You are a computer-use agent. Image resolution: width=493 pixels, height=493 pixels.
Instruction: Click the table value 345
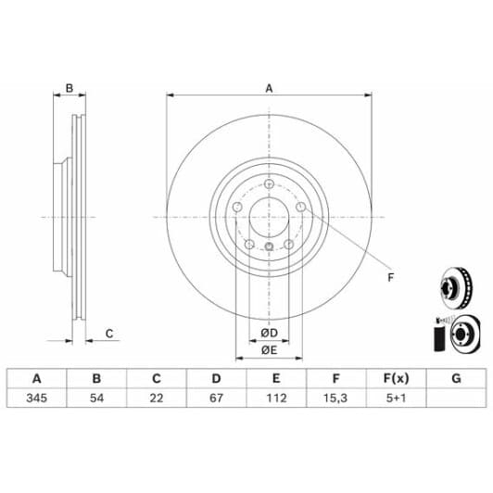[x=37, y=398]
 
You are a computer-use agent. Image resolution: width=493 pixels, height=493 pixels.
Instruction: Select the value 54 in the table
[x=96, y=398]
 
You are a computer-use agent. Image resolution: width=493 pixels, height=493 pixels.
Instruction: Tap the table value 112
[x=276, y=398]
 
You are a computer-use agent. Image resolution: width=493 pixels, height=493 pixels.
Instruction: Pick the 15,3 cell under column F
[x=335, y=398]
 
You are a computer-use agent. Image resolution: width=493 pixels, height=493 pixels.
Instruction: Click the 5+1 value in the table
[x=397, y=398]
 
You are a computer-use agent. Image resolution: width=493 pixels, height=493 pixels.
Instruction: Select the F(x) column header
[x=397, y=378]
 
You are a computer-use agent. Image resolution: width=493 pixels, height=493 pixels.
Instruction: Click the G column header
[x=456, y=378]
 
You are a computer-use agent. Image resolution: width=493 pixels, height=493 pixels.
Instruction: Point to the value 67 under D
[x=216, y=398]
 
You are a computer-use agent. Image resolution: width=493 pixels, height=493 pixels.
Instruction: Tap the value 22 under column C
[x=157, y=398]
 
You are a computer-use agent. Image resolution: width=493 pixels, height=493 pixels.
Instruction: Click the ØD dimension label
[x=269, y=333]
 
